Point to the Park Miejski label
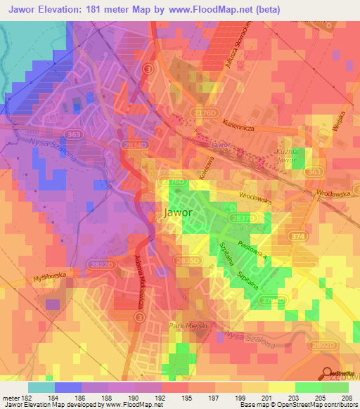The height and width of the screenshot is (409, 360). pos(185,326)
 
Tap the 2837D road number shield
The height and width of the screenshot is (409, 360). pos(256,219)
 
